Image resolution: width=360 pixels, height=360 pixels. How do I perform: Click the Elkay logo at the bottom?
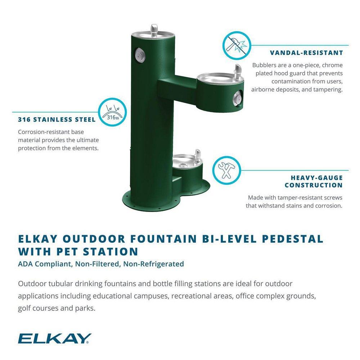click(x=54, y=338)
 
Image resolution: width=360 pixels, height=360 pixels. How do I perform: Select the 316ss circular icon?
click(x=112, y=112)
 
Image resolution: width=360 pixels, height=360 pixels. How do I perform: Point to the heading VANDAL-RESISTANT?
click(x=306, y=53)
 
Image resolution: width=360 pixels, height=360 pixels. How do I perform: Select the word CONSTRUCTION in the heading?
click(x=314, y=185)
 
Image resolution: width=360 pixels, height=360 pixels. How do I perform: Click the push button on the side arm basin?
click(x=237, y=96)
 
